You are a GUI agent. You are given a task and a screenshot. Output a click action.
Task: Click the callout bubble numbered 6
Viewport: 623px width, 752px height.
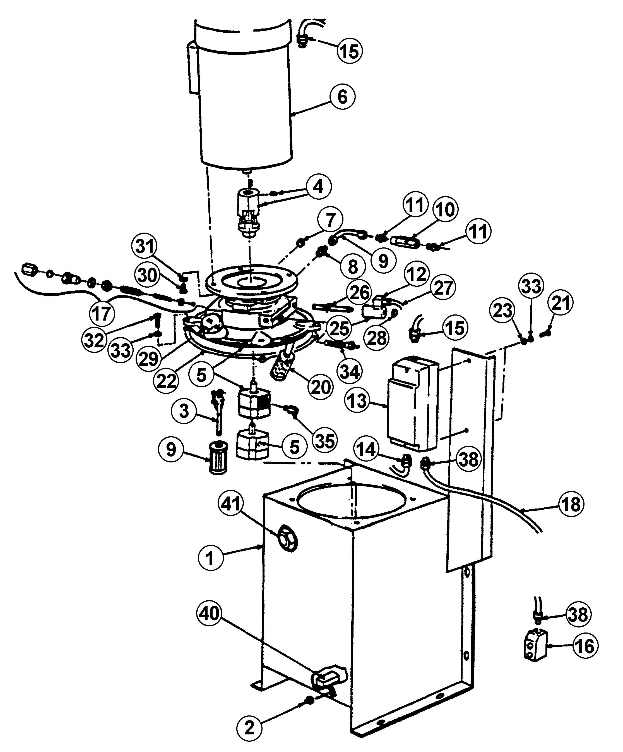(342, 97)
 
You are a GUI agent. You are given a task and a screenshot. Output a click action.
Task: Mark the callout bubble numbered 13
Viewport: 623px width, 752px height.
(357, 401)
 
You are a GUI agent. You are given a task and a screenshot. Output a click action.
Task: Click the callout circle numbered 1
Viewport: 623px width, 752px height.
(210, 558)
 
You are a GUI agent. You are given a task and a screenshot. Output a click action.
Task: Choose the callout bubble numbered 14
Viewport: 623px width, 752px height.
(366, 449)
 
